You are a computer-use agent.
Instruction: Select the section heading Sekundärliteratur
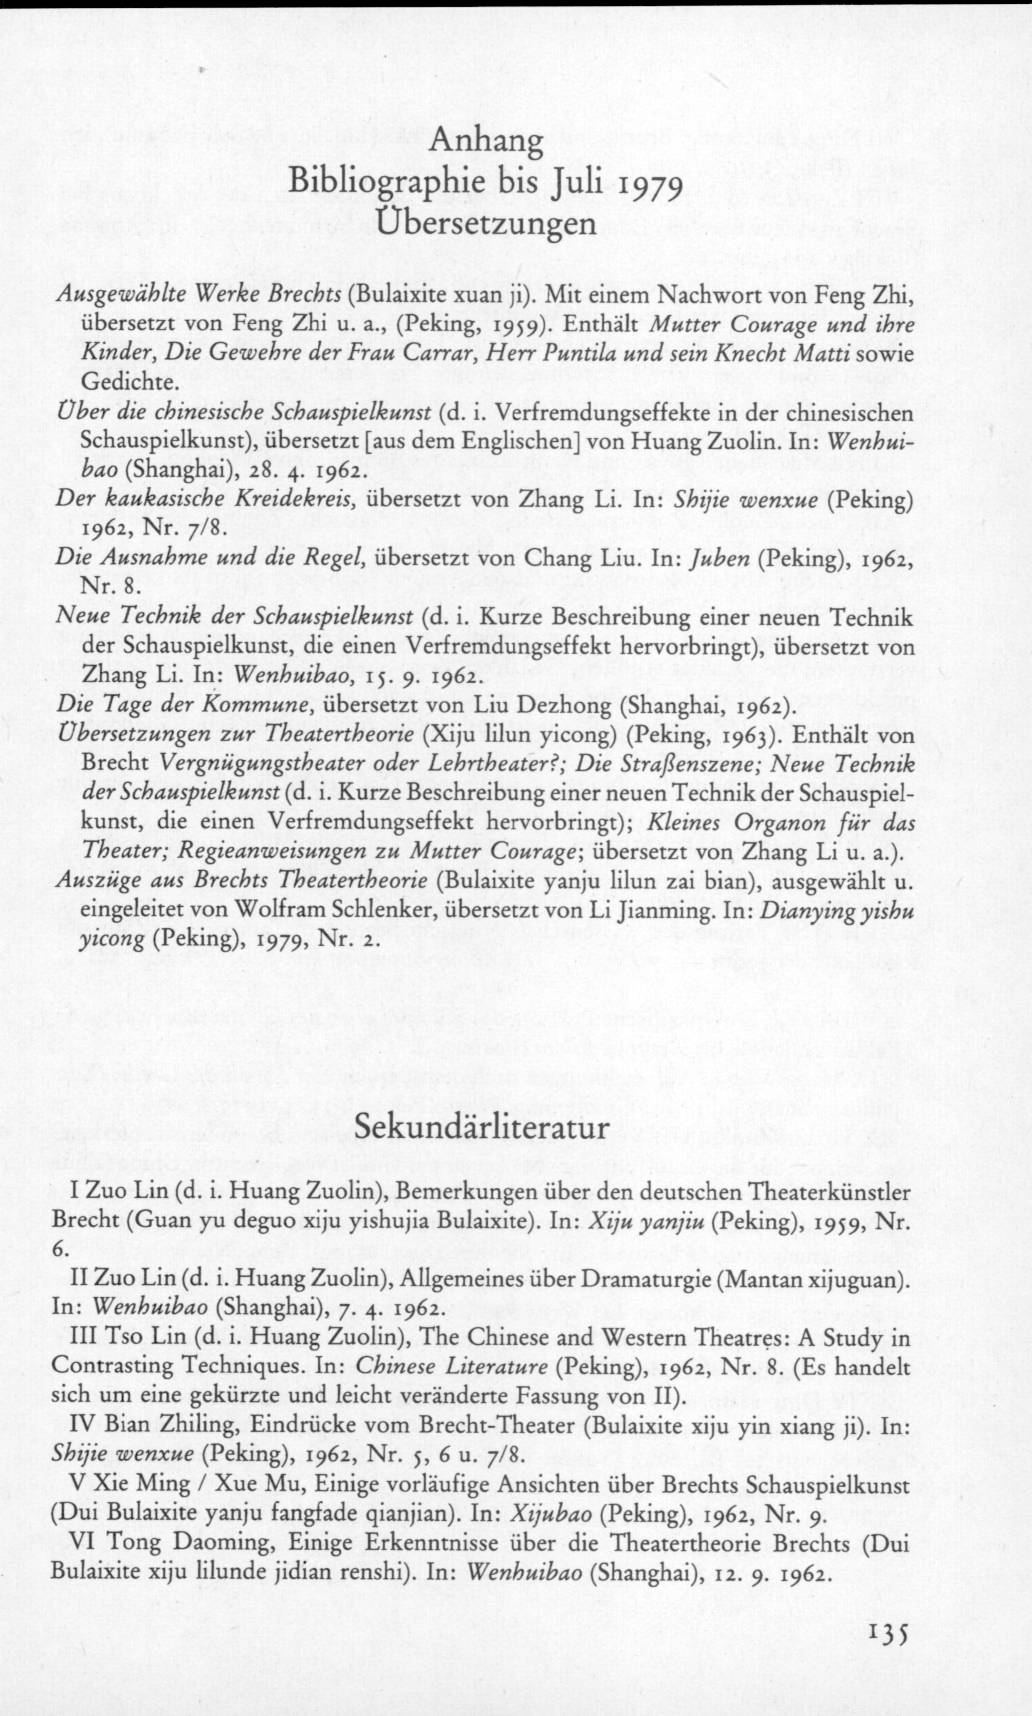(481, 1127)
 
